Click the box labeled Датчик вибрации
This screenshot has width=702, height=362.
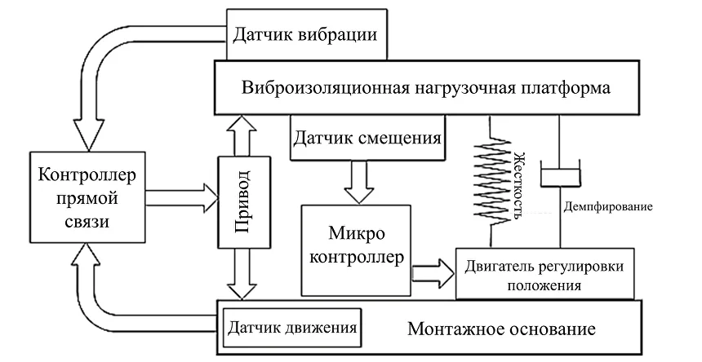304,36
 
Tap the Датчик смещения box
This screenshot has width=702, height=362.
367,137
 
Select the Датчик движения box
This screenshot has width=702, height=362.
291,328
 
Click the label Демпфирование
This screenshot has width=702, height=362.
608,207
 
